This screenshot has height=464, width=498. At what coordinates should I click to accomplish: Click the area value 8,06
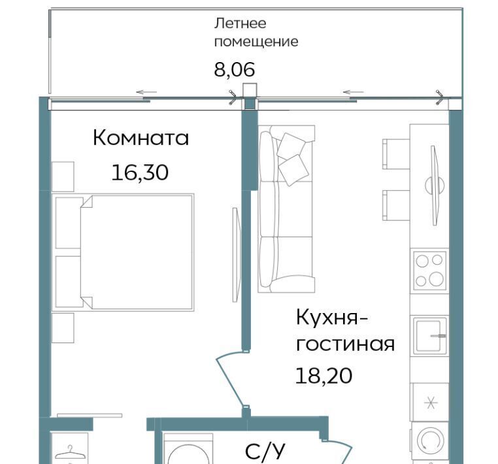[x=235, y=69]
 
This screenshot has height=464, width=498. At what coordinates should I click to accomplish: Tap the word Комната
[x=141, y=138]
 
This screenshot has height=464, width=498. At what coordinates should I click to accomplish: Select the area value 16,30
[x=140, y=173]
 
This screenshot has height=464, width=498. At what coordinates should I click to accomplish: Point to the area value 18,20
[x=324, y=376]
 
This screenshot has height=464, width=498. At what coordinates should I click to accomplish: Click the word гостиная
[x=345, y=344]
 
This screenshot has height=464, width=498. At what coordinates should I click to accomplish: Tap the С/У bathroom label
[x=265, y=451]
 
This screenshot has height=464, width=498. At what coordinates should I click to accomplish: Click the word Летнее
[x=240, y=24]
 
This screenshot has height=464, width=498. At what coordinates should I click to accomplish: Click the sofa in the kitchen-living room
[x=286, y=208]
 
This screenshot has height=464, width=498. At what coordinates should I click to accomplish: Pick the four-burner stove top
[x=429, y=271]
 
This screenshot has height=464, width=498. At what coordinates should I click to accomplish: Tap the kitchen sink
[x=429, y=336]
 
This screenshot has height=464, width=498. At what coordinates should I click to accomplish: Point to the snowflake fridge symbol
[x=431, y=403]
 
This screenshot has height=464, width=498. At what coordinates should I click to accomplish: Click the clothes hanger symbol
[x=70, y=453]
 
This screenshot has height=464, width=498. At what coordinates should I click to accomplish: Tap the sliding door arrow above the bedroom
[x=146, y=92]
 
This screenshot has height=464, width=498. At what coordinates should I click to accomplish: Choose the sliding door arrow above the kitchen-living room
[x=354, y=92]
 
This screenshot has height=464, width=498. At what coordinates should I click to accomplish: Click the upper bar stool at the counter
[x=396, y=154]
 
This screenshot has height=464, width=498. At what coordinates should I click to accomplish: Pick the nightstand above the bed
[x=63, y=176]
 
